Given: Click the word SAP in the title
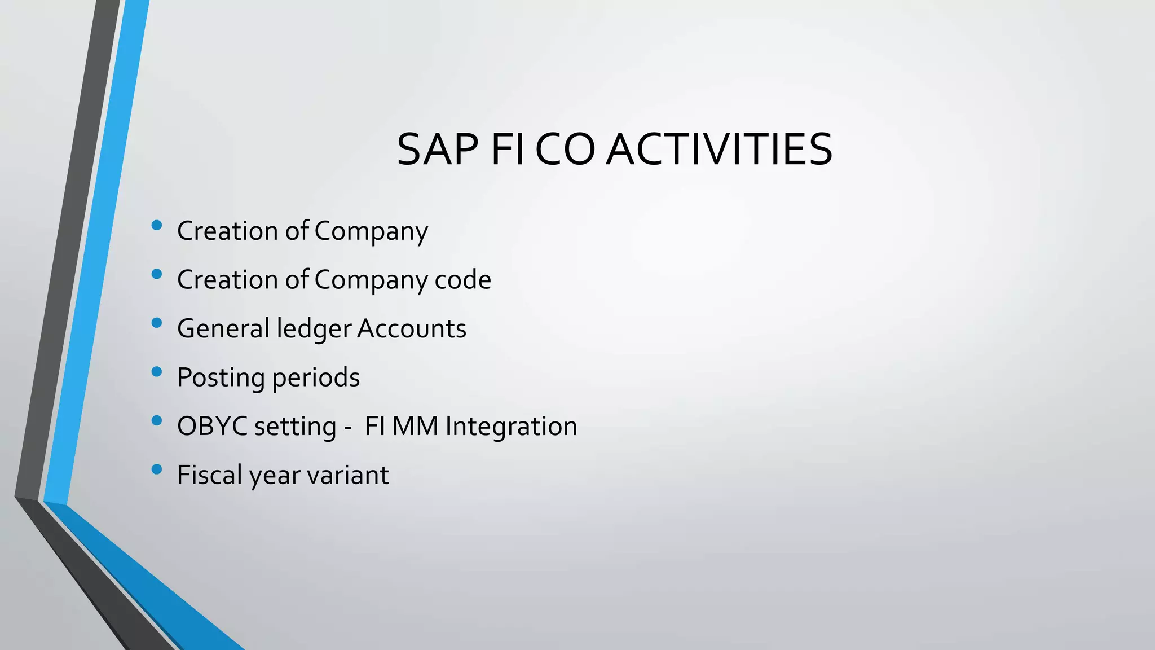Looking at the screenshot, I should pos(439,150).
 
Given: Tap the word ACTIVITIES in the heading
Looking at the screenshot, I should pos(719,150).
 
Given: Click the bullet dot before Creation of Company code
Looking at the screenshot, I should pos(157,275).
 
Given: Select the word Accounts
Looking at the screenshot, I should pos(412,328).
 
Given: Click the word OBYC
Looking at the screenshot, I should pos(212,426).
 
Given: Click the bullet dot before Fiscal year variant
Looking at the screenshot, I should pos(157,469).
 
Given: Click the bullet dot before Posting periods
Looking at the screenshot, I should pos(157,372).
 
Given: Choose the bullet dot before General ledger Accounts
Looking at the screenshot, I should pos(157,323).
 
